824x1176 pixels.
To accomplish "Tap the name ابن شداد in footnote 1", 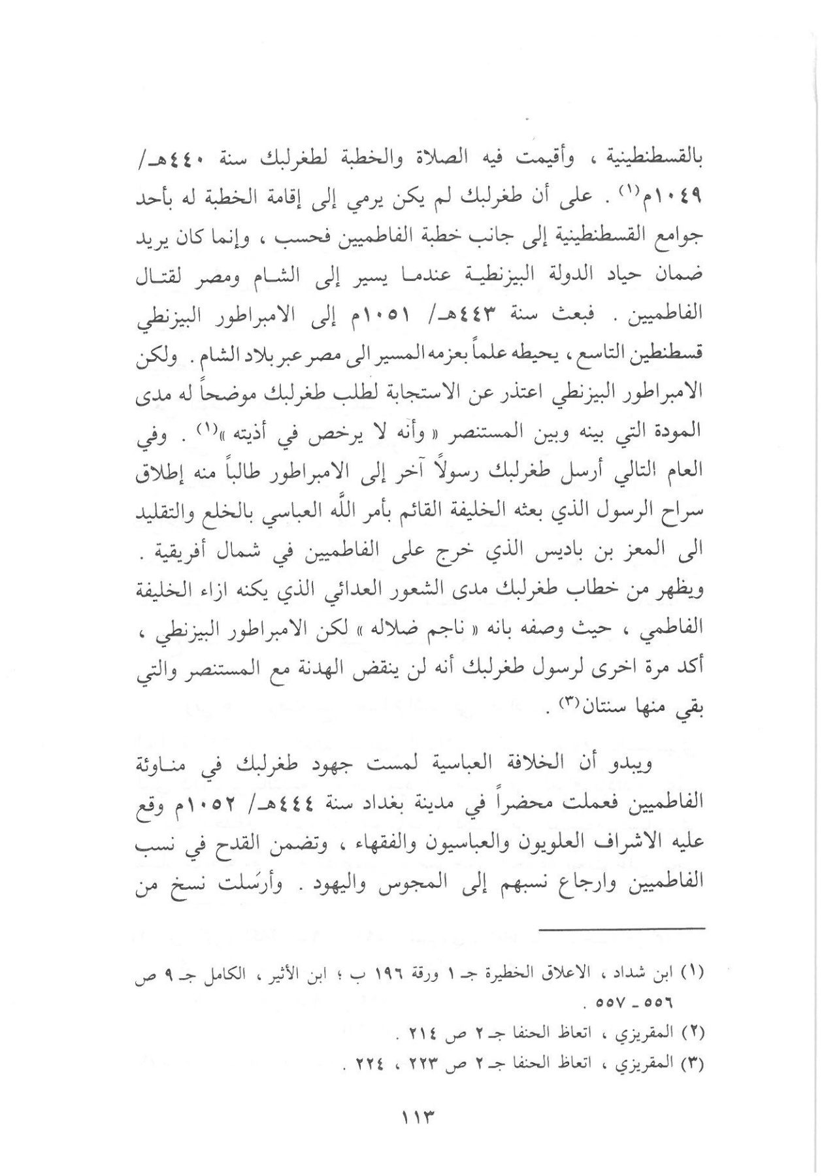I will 655,973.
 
